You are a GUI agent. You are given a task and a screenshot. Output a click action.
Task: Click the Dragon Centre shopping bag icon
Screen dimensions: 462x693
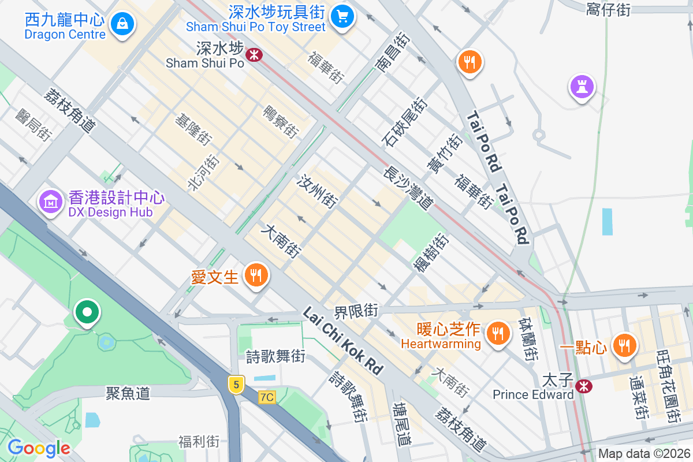(123, 24)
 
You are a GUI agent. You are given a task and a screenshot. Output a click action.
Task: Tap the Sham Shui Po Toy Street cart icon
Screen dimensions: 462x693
(344, 16)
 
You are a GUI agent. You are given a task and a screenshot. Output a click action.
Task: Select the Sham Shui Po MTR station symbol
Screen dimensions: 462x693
(254, 55)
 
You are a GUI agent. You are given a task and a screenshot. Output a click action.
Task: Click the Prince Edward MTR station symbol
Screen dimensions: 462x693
(584, 386)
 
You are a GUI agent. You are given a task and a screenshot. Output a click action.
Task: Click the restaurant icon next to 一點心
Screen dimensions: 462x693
(624, 345)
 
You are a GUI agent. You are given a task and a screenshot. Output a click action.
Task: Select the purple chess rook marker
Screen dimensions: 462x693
(582, 87)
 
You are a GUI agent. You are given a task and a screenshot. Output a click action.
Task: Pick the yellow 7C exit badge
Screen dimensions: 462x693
(267, 397)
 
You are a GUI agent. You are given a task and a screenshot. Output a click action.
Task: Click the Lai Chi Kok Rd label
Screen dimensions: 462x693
(343, 341)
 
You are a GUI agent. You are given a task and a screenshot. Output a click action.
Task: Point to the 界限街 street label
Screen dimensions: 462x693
(356, 312)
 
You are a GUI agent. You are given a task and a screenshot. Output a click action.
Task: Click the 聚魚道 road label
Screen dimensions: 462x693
(128, 393)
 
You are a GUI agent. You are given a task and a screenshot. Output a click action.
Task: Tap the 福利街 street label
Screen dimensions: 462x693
(199, 442)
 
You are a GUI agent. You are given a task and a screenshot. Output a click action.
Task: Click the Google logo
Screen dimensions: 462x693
(39, 448)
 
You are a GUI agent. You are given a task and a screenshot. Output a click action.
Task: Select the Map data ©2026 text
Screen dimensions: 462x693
(643, 454)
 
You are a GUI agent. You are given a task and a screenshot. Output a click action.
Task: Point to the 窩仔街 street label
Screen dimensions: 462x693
(608, 9)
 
